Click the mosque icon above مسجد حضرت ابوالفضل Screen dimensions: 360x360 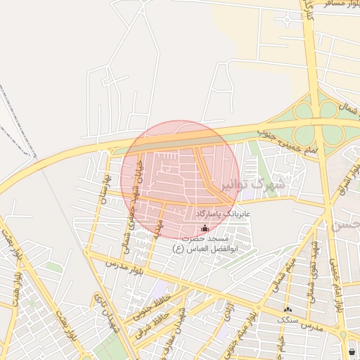205,228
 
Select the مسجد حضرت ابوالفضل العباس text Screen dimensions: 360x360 204,243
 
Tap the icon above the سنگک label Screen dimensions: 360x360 286,309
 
